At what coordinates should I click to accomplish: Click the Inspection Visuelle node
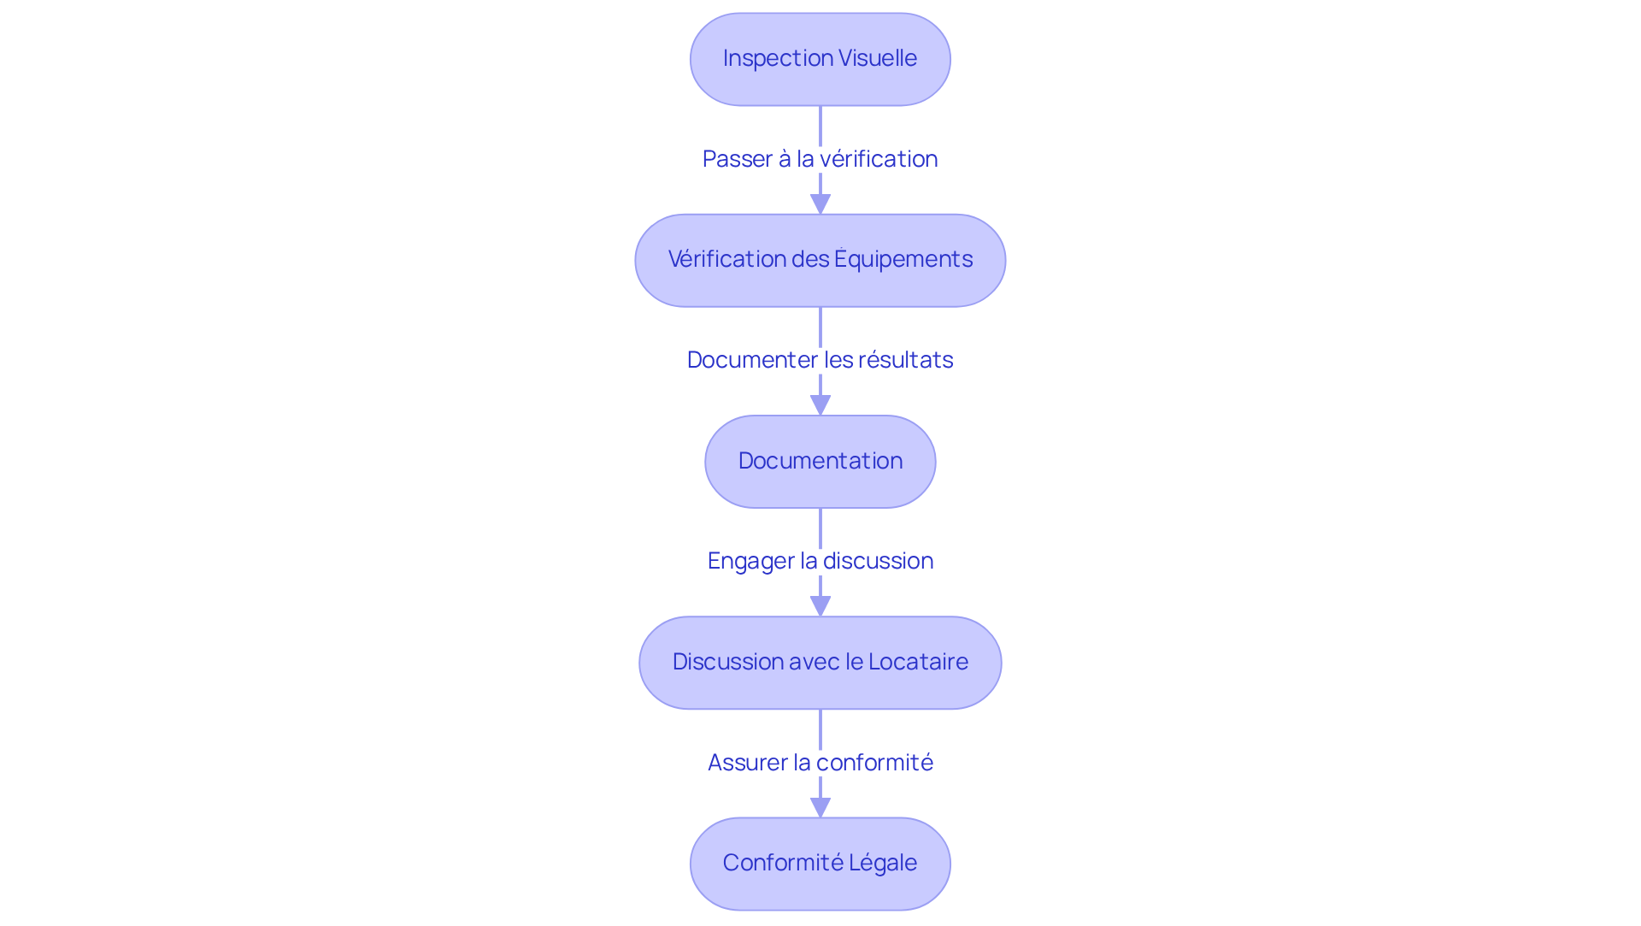tap(820, 59)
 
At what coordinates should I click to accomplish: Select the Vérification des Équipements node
tap(820, 260)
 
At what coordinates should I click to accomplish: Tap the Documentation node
tap(820, 461)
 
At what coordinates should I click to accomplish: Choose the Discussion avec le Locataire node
tap(820, 662)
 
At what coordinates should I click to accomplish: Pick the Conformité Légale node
tap(820, 863)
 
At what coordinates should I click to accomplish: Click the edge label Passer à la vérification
tap(820, 159)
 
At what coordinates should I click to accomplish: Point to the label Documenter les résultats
tap(820, 360)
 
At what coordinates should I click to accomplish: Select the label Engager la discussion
tap(820, 561)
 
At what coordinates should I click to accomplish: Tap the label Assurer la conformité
tap(820, 762)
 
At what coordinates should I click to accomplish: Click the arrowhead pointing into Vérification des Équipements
tap(820, 203)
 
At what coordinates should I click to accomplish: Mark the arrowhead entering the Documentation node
tap(820, 404)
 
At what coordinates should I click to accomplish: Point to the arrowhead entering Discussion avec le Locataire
tap(820, 605)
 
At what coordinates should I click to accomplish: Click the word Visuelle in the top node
tap(878, 58)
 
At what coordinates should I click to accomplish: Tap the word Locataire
tap(918, 662)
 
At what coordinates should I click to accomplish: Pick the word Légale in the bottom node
tap(883, 863)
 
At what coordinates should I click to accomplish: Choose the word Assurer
tap(747, 763)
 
